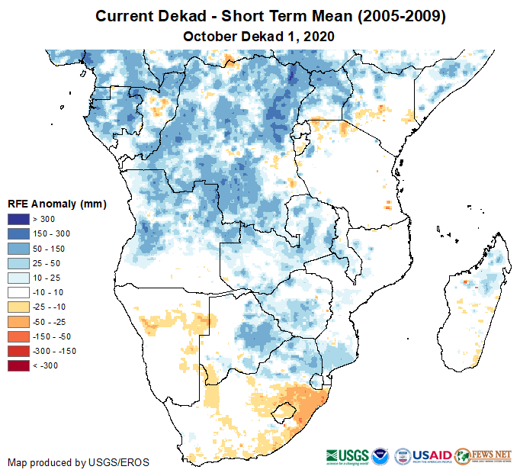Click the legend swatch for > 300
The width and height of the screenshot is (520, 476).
[18, 219]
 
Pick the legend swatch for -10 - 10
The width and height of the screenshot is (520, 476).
[18, 292]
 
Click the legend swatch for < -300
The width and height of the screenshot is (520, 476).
[18, 365]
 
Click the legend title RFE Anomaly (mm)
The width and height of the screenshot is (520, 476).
[56, 204]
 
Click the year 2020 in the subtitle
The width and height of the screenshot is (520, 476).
[319, 36]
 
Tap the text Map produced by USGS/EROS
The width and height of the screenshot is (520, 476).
[79, 462]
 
